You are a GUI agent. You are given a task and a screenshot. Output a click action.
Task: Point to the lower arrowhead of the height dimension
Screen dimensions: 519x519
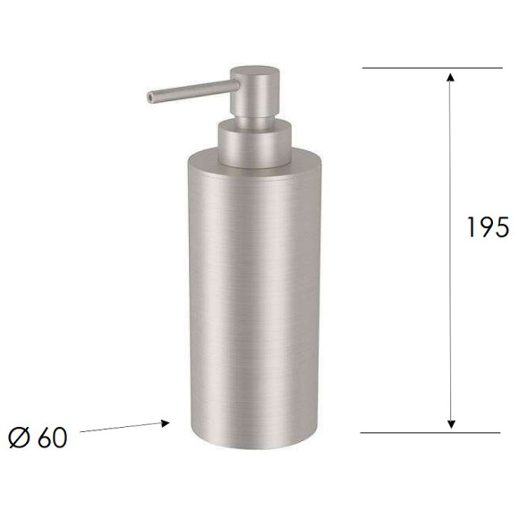pyautogui.click(x=451, y=424)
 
